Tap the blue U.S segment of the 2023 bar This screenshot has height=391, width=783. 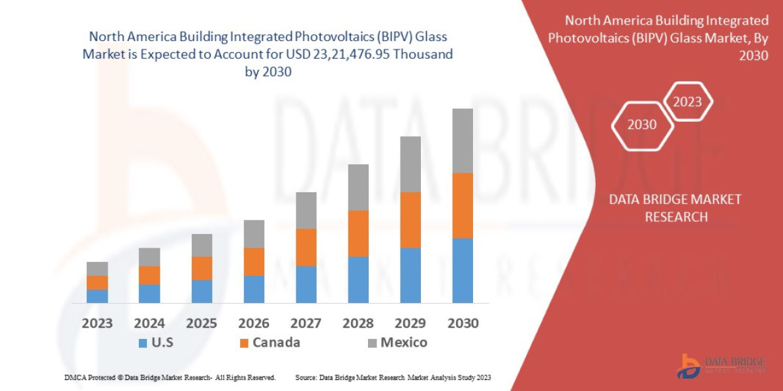tap(97, 296)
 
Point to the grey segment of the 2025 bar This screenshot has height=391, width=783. tap(202, 245)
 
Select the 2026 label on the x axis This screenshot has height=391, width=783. tap(254, 323)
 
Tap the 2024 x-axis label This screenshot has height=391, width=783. tap(149, 323)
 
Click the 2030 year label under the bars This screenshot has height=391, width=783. tap(463, 323)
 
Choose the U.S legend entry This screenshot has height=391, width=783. tap(157, 343)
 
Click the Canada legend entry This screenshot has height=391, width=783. tap(269, 343)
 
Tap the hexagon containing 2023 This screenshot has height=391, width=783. tap(687, 102)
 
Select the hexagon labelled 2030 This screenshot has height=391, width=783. tap(642, 124)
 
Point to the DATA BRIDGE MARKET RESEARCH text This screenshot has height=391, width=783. tap(676, 208)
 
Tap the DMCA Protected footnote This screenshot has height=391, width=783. tap(170, 378)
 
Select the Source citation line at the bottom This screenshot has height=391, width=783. tap(393, 378)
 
